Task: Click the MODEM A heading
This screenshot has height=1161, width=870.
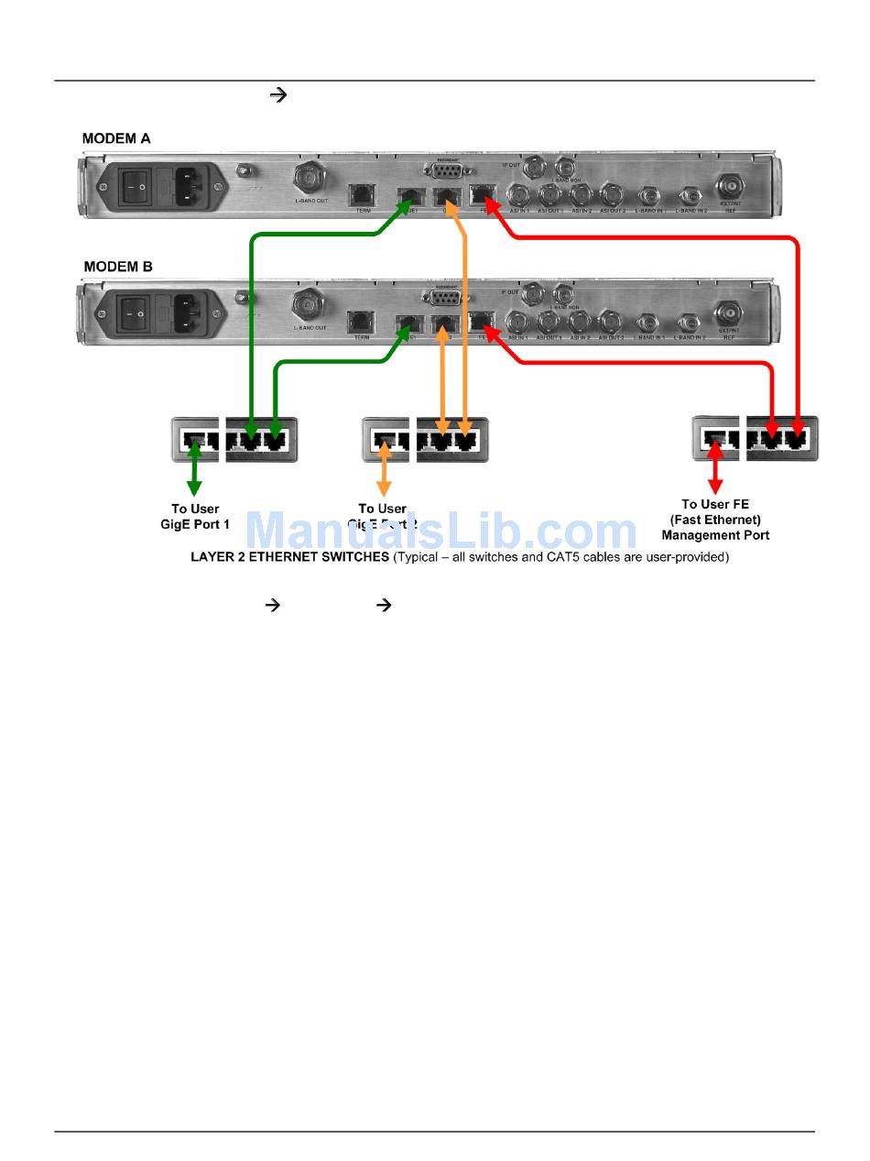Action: pos(116,139)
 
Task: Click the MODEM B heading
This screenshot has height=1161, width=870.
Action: pos(117,268)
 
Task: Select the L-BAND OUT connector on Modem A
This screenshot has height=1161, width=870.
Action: pos(309,175)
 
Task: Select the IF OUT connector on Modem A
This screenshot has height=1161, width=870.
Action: pos(531,168)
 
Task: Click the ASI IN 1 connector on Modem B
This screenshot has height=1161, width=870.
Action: pos(519,322)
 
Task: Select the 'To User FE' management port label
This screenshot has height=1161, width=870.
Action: pos(715,520)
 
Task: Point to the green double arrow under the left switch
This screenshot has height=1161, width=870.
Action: pos(194,471)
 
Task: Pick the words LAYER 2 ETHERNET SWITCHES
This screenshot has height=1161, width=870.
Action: pos(289,557)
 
